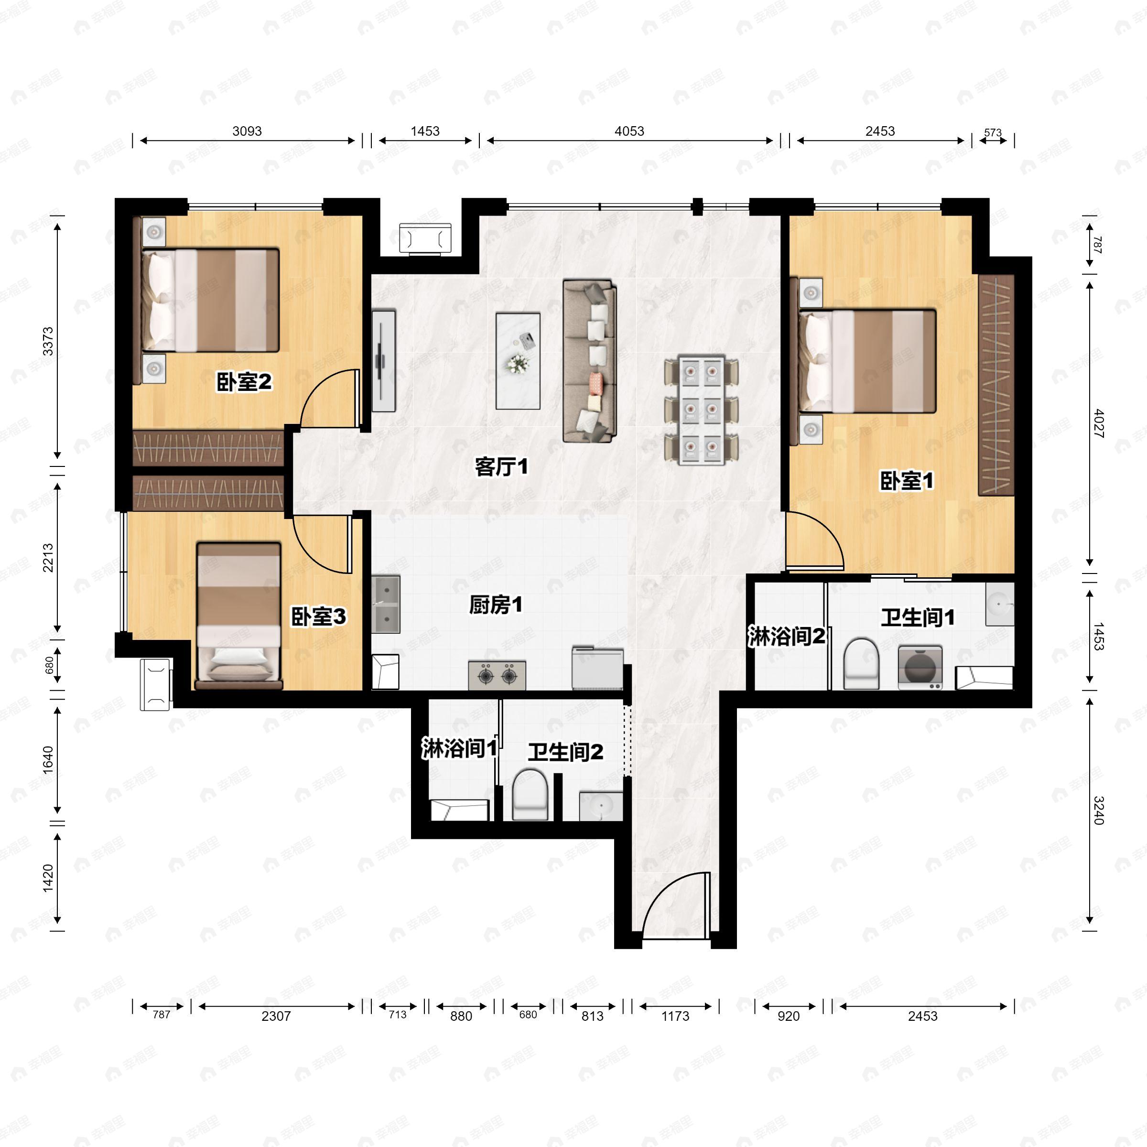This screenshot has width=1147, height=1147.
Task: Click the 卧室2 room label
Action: pyautogui.click(x=244, y=382)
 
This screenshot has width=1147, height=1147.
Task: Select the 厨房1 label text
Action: pyautogui.click(x=496, y=605)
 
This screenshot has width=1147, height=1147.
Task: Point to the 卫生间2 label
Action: pyautogui.click(x=565, y=752)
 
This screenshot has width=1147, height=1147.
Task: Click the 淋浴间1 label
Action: pyautogui.click(x=459, y=748)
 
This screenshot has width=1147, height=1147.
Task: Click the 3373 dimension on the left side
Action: pyautogui.click(x=48, y=341)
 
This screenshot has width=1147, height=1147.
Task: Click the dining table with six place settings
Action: pyautogui.click(x=701, y=410)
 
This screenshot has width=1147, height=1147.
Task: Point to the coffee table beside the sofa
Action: pyautogui.click(x=518, y=361)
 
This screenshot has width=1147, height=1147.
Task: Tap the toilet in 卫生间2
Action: pyautogui.click(x=530, y=795)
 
